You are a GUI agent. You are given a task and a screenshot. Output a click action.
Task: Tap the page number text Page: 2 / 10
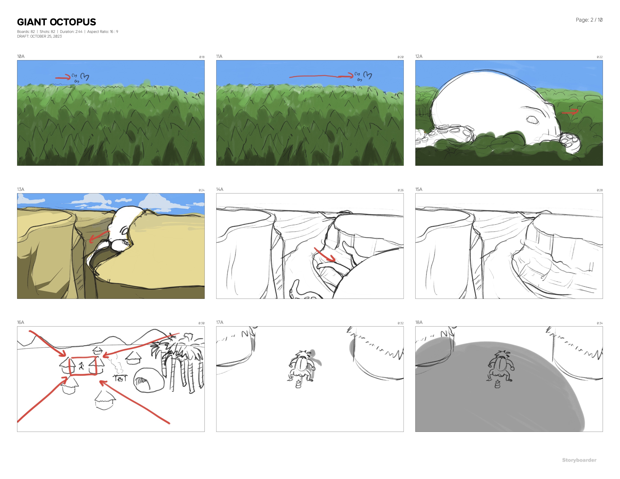pos(589,20)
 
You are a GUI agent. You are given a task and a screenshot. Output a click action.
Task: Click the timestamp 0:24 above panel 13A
pos(202,190)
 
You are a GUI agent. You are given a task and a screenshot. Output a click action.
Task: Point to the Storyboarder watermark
pos(579,460)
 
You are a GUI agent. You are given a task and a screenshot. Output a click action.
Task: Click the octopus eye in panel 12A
pos(533,120)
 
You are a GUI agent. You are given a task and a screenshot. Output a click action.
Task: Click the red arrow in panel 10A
pos(63,77)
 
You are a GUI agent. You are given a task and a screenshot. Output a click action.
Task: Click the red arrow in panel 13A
pos(99,237)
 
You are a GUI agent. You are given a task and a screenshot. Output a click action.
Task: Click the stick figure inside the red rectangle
pos(82,366)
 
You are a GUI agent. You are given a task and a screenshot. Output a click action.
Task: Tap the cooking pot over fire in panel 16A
pos(120,378)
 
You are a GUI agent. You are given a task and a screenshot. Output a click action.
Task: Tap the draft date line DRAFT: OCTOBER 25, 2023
pos(39,36)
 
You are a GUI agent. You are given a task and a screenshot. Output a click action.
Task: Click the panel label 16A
pos(20,322)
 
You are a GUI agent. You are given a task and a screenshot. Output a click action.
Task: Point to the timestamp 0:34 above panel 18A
pos(600,323)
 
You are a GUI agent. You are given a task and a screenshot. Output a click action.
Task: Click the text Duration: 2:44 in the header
pos(71,32)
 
